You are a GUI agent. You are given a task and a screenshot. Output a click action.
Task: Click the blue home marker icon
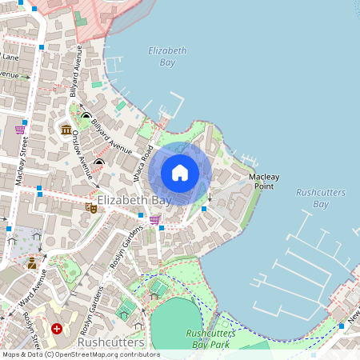click(180, 172)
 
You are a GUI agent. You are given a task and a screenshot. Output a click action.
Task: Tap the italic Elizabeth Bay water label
click(167, 56)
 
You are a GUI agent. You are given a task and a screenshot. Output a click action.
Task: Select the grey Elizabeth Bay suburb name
click(133, 200)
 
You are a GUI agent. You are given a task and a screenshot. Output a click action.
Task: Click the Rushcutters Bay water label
click(312, 198)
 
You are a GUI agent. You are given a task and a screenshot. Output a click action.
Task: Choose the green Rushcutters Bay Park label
click(210, 338)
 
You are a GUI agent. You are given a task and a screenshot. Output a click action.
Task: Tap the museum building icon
click(66, 130)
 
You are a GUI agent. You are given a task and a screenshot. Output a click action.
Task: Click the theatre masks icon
click(91, 208)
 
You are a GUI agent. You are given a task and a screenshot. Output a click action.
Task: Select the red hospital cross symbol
click(57, 329)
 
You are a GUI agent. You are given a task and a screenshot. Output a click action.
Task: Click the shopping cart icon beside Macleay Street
click(20, 129)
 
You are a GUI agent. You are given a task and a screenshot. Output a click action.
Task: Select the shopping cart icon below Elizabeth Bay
click(154, 218)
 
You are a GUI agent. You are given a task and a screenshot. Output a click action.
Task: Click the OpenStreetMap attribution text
click(80, 354)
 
